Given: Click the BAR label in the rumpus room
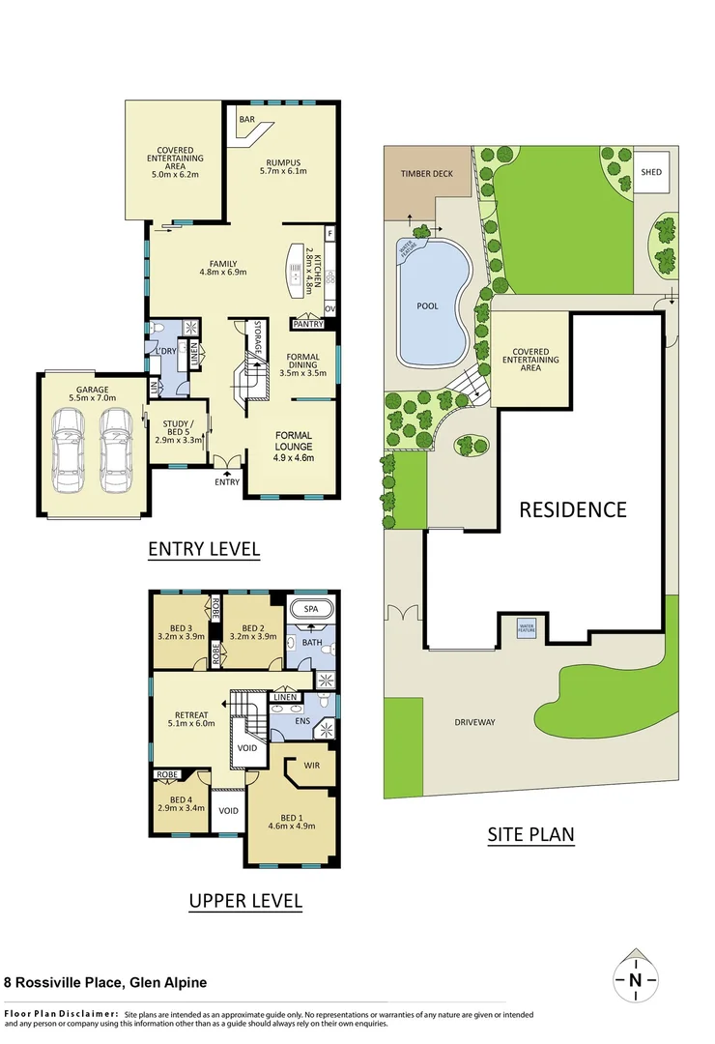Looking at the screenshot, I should pos(247,120).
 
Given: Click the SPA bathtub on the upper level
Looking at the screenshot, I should pos(311,610).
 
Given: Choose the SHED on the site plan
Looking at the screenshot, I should pos(652,172).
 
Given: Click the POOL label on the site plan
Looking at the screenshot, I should pos(427,306).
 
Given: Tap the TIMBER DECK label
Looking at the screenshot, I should pos(427,174).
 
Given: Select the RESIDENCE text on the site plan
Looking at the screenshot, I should pos(573,509).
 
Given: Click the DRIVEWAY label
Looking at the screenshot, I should pos(474,722).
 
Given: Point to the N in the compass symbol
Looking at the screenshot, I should pos(635,980).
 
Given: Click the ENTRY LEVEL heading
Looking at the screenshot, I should pos(204,549).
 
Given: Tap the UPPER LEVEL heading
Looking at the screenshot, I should pos(244,901).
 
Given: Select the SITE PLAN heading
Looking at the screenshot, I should pos(530,834).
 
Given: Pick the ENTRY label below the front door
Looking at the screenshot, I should pos(227,481).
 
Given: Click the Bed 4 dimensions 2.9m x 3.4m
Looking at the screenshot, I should pos(182,808).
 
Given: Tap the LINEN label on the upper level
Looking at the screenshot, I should pos(284,697).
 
